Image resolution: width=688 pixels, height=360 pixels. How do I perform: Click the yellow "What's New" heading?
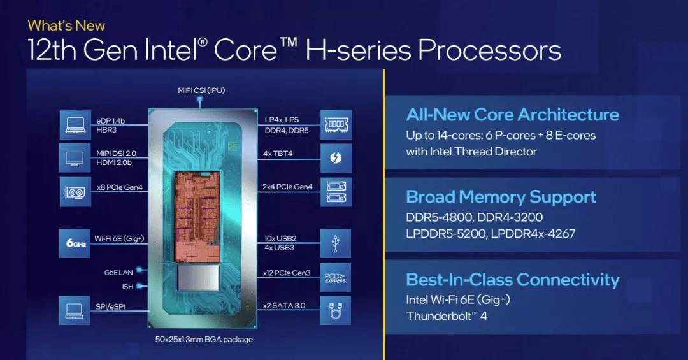(x=66, y=25)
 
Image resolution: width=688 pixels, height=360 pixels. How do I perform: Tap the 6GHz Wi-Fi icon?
(x=75, y=243)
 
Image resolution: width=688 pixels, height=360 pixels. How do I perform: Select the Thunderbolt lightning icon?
(x=336, y=157)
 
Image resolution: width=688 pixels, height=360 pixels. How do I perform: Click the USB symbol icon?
(x=336, y=243)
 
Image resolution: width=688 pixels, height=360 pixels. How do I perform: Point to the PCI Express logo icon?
(x=336, y=277)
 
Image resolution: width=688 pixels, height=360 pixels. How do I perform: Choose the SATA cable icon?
(x=336, y=310)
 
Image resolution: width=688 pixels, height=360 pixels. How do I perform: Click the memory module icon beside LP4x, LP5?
(x=336, y=125)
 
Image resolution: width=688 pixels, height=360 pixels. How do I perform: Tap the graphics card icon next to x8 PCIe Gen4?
(x=75, y=192)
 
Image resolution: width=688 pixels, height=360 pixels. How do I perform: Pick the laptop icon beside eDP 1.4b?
(x=75, y=125)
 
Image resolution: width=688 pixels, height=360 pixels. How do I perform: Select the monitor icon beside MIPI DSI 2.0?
(x=75, y=157)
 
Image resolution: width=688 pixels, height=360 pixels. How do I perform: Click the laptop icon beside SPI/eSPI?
(x=75, y=310)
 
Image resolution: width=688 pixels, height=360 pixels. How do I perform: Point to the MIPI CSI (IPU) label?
(x=201, y=90)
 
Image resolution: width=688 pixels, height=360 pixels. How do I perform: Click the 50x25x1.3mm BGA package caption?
(x=204, y=340)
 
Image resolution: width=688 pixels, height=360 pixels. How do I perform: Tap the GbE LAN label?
(x=118, y=273)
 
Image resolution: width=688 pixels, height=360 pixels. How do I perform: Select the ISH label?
(x=127, y=287)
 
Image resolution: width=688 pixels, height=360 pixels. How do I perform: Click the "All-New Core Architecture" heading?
(x=512, y=115)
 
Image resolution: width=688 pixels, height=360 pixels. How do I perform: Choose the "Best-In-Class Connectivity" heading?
(x=512, y=280)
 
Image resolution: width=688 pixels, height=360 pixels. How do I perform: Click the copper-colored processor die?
(x=197, y=217)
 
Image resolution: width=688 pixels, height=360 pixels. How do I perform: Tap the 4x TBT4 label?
(x=278, y=153)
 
